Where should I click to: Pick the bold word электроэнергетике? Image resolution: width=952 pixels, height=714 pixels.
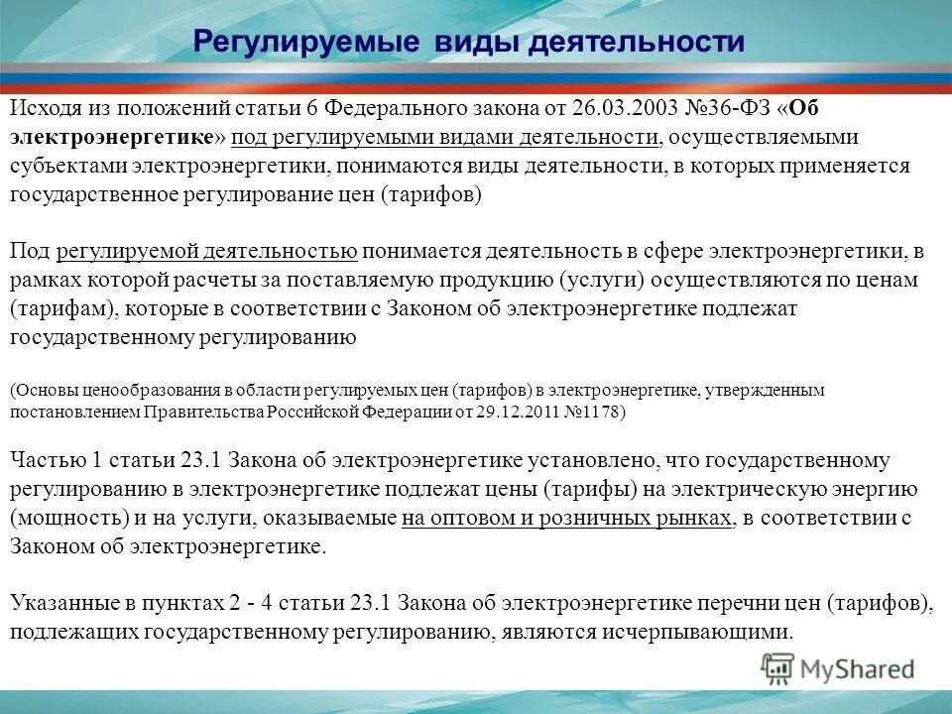click(x=111, y=137)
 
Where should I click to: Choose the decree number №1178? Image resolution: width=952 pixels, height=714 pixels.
click(x=594, y=412)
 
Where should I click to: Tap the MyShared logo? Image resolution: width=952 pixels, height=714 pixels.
click(x=838, y=668)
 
